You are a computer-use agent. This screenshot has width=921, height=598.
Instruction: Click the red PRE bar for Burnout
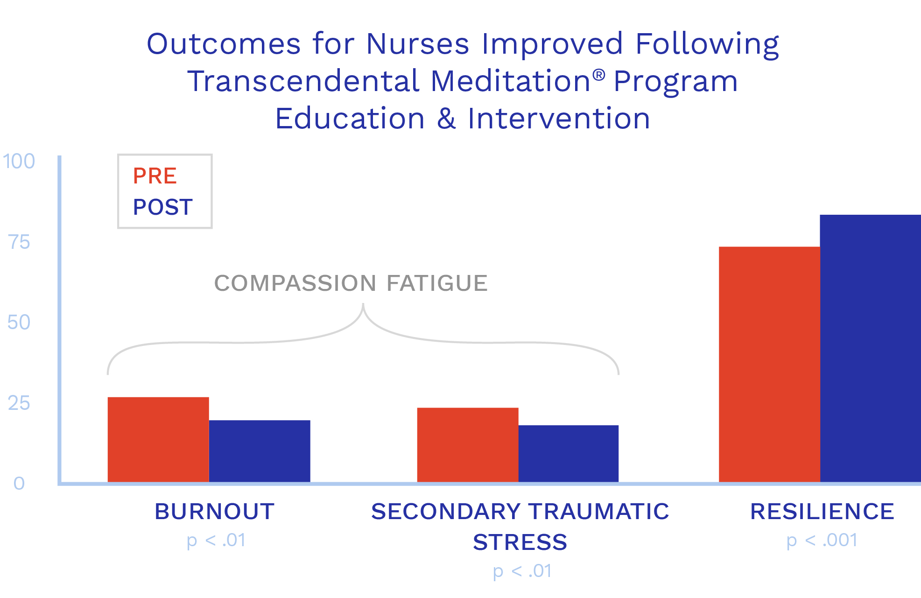tap(158, 439)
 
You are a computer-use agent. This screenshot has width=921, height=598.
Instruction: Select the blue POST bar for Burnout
tap(260, 451)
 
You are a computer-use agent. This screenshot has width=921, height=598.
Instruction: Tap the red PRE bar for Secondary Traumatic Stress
tap(468, 445)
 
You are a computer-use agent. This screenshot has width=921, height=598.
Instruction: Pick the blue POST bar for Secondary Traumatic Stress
tap(569, 453)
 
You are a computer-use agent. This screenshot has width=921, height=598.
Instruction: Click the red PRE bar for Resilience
tap(769, 364)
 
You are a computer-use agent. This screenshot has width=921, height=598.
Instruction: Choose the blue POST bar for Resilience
tap(871, 348)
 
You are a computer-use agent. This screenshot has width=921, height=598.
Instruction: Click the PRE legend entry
tap(155, 176)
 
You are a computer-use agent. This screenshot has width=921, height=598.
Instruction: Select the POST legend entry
tap(163, 207)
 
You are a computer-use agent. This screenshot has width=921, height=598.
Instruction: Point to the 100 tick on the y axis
tap(19, 162)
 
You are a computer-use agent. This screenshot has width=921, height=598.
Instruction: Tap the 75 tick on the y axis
tap(19, 242)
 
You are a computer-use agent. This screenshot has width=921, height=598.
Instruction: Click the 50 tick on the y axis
tap(19, 323)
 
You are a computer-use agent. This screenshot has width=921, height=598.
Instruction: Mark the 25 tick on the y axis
tap(19, 403)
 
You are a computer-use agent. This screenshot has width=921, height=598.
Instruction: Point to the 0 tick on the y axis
tap(19, 483)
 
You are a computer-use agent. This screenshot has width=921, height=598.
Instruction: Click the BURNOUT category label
tap(215, 511)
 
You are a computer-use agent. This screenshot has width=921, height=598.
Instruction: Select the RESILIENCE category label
tap(822, 511)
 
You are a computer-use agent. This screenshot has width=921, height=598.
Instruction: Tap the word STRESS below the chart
tap(520, 542)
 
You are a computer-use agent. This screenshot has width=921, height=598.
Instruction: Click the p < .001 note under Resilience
tap(822, 541)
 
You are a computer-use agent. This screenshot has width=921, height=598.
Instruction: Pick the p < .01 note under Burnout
tap(216, 541)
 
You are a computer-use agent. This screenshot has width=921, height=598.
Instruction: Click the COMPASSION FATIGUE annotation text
tap(351, 283)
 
